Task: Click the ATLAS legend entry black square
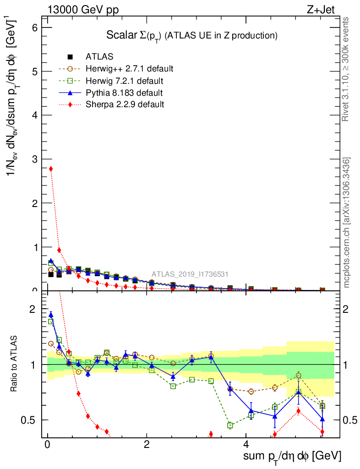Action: (x=70, y=57)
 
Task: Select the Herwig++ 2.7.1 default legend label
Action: (x=129, y=69)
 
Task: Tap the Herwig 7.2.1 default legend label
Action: (x=124, y=81)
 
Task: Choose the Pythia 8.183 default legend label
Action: (x=124, y=93)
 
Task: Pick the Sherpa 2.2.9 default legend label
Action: (x=125, y=104)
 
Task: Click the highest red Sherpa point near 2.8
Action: (x=51, y=169)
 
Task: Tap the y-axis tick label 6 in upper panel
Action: (x=34, y=27)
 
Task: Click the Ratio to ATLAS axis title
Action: (x=15, y=364)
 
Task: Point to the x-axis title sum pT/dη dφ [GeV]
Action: (x=292, y=457)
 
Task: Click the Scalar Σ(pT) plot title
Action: (x=192, y=35)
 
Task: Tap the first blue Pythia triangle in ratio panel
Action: (x=51, y=315)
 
